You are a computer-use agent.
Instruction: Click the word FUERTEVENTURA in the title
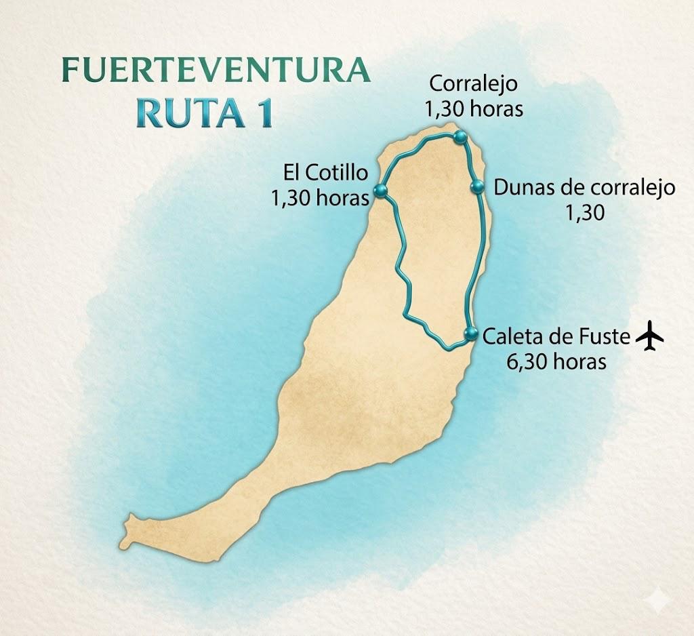coord(216,71)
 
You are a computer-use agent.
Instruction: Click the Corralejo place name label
coord(474,84)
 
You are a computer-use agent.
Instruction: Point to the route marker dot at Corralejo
coord(461,138)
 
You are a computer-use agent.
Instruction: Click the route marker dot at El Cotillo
coord(380,192)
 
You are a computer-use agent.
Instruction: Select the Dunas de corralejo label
coord(584,188)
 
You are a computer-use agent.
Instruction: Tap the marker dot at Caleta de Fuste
coord(470,333)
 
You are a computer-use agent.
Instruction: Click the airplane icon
coord(649,337)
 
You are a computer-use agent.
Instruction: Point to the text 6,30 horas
coord(556,361)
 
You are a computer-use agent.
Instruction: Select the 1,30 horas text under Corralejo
coord(474,108)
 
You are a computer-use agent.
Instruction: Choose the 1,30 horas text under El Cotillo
coord(320,197)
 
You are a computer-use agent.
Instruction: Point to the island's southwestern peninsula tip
coord(129,522)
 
